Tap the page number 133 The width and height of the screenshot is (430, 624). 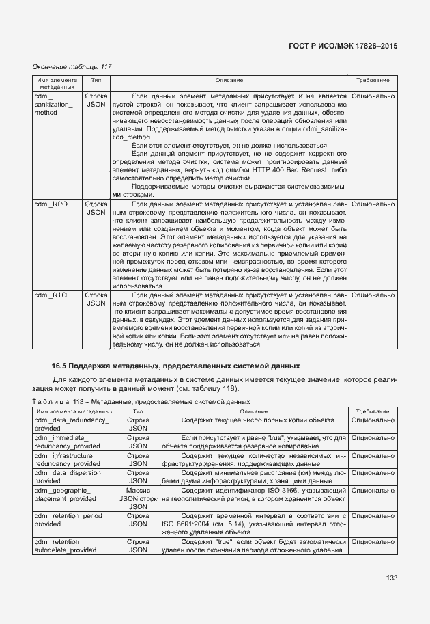391,578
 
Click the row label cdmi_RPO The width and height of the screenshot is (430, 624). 51,204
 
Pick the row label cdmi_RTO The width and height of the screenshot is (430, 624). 51,295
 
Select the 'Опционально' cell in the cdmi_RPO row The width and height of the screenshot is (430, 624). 373,204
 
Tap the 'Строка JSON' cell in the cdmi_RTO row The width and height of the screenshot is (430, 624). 96,299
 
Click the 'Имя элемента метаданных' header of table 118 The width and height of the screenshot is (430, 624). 74,412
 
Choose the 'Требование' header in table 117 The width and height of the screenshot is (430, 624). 373,81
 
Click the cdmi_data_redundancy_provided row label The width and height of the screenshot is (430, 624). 72,424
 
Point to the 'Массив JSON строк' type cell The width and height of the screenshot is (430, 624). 138,495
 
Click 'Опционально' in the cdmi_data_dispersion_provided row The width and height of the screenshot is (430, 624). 373,472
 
